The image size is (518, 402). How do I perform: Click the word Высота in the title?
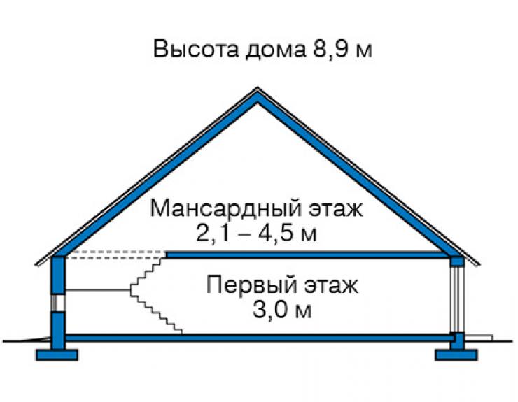pos(196,50)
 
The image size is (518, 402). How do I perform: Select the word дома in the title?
pos(276,51)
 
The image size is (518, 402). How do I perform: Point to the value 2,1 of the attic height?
pos(212,234)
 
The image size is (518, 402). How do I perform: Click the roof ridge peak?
pos(258,88)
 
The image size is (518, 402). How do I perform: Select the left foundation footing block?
pos(57,354)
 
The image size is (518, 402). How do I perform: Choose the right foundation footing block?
pos(456,354)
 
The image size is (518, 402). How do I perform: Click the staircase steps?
pos(156,296)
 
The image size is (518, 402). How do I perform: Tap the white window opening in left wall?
pos(58,303)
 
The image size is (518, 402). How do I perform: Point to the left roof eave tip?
pos(36,265)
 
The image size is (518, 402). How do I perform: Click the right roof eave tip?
pos(479,265)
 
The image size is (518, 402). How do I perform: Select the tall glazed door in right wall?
pos(458,299)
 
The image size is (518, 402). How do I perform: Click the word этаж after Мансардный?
pos(335,209)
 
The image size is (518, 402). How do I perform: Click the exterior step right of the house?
pos(479,338)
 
